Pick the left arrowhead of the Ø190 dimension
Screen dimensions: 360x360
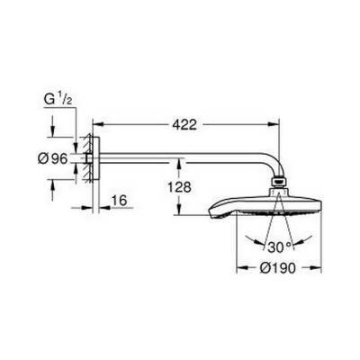pyautogui.click(x=238, y=267)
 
